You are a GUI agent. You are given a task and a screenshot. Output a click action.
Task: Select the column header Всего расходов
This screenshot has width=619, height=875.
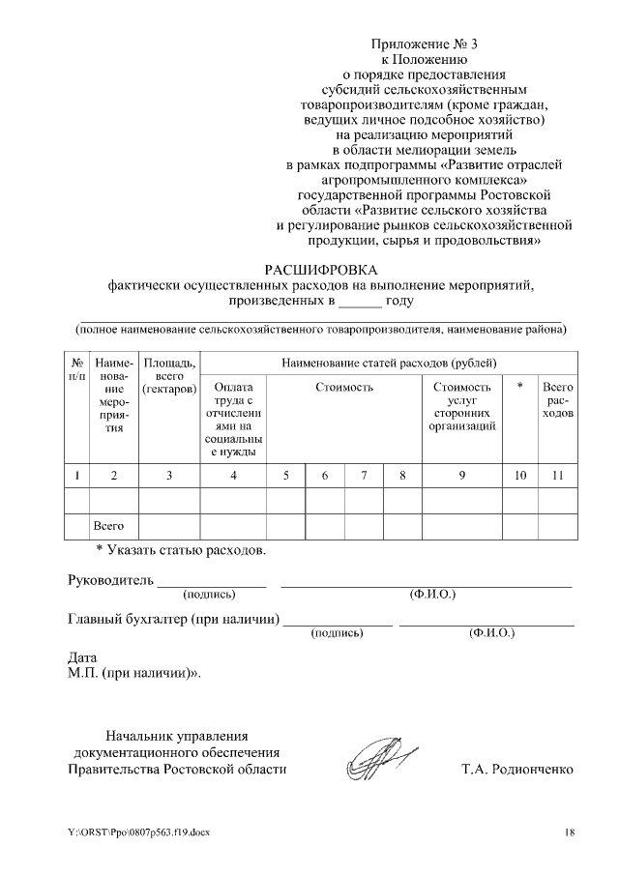click(x=558, y=399)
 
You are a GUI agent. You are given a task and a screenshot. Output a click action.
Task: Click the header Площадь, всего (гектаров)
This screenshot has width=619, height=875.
click(x=169, y=376)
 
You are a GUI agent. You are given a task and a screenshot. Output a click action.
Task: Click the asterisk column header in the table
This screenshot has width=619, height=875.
click(x=520, y=387)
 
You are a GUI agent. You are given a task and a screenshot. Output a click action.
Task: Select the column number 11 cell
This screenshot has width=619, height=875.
click(x=558, y=475)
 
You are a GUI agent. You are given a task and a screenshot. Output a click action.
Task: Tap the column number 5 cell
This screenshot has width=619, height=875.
click(x=285, y=475)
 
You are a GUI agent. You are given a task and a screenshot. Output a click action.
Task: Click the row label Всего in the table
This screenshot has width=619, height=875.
click(x=108, y=527)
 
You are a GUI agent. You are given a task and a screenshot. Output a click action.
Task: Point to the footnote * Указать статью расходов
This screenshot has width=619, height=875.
click(x=180, y=551)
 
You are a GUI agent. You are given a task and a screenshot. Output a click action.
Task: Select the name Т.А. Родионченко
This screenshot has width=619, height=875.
click(x=517, y=770)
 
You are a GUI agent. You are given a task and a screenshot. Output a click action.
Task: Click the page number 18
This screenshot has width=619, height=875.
click(x=570, y=831)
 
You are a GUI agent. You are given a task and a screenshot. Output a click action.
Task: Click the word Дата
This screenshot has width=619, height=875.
click(x=83, y=656)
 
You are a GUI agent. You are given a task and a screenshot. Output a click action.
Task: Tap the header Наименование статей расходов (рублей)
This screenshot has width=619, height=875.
click(x=390, y=364)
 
